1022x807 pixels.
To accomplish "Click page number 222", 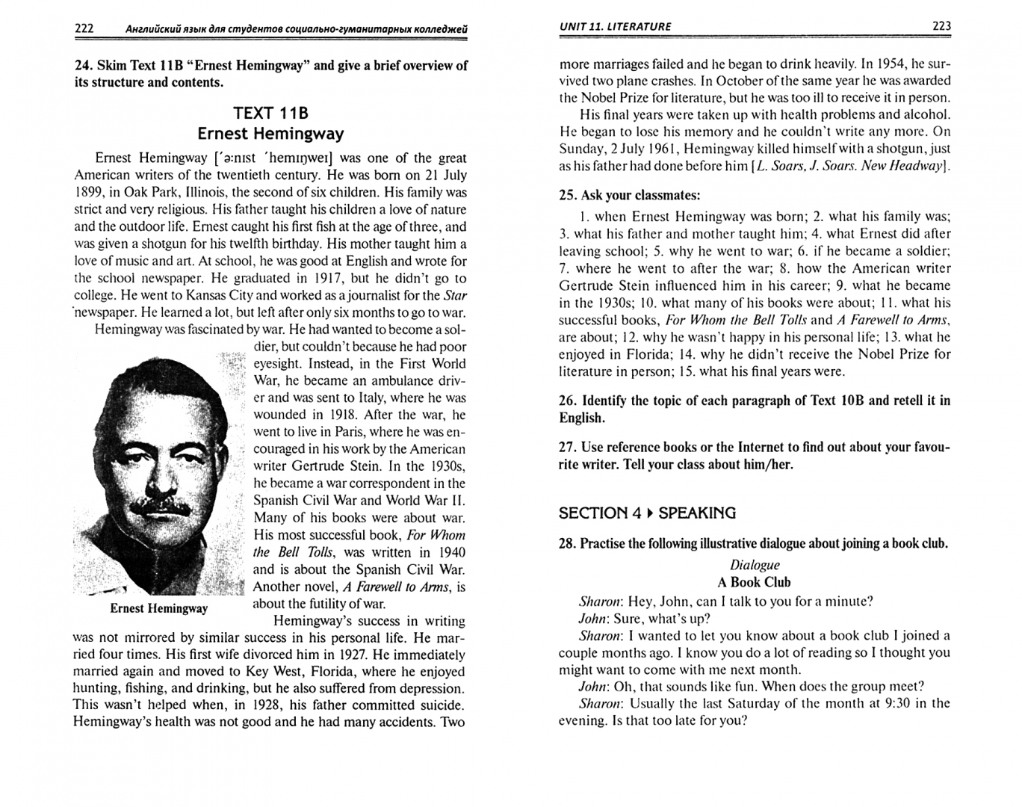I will click(84, 28).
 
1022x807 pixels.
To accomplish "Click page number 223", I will click(941, 26).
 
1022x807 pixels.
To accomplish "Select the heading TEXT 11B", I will click(270, 113).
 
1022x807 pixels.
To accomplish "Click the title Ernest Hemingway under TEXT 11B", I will click(270, 134).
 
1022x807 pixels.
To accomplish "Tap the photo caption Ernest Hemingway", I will click(158, 608).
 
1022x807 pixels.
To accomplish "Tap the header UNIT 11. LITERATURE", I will click(615, 27).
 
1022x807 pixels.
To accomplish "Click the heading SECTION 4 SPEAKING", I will click(647, 513).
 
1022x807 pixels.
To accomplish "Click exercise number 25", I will click(566, 196).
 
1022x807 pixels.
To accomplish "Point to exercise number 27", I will click(566, 448).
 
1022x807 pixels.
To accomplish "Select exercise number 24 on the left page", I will click(83, 66).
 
